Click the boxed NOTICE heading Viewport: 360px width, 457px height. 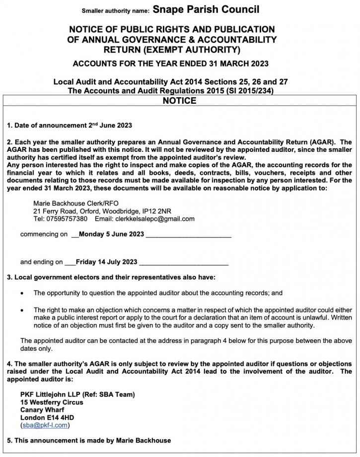[179, 101]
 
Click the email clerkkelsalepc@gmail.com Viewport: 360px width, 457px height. [154, 219]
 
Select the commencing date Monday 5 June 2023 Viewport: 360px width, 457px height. [111, 234]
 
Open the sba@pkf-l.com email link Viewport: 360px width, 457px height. [45, 425]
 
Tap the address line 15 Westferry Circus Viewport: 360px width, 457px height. [52, 402]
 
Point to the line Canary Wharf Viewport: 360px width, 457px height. [42, 410]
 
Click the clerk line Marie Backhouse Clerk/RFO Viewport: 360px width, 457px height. [76, 203]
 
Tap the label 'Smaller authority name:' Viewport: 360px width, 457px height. [115, 10]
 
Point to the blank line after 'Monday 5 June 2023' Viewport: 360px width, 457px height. [188, 235]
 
